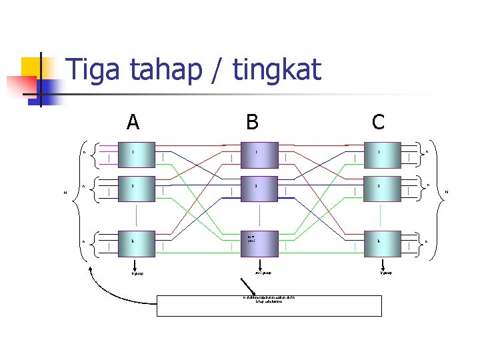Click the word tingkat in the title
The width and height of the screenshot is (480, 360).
[x=277, y=70]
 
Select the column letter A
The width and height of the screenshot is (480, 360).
[x=133, y=122]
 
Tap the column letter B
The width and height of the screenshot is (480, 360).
[x=252, y=122]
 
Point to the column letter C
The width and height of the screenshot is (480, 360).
[x=378, y=122]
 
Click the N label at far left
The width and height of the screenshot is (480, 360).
[x=65, y=193]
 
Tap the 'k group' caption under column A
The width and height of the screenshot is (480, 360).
[x=137, y=273]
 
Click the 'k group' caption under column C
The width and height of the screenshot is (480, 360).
[x=385, y=273]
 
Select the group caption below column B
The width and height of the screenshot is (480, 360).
[x=263, y=272]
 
